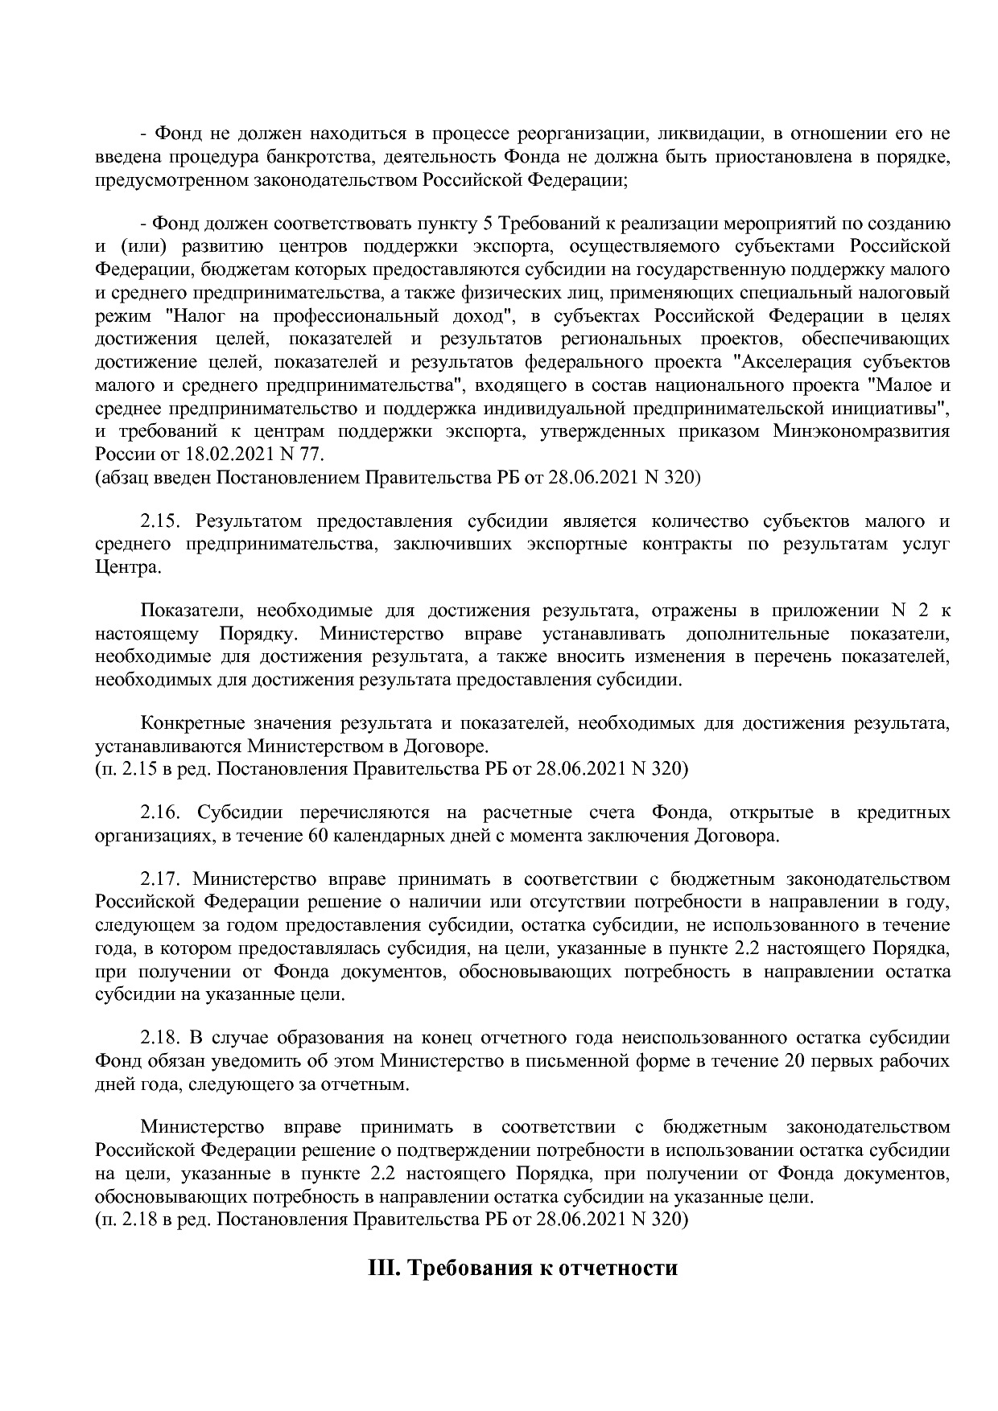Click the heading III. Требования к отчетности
pos(522,1269)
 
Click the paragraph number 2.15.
pos(163,521)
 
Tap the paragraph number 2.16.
pos(163,812)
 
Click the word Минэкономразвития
pos(860,431)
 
